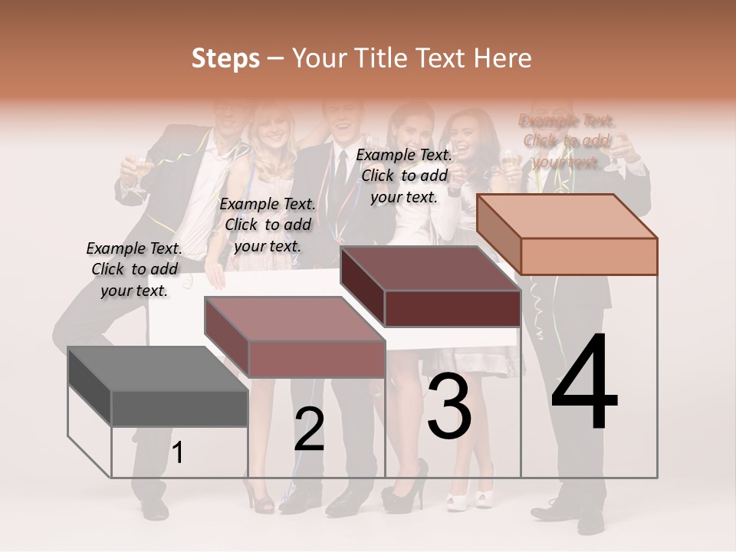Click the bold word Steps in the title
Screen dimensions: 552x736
(225, 58)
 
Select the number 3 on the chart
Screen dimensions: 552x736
(449, 406)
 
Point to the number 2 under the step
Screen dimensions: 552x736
(309, 429)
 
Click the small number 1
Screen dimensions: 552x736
(178, 453)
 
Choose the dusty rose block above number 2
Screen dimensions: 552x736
(295, 337)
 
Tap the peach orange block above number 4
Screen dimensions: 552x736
(567, 235)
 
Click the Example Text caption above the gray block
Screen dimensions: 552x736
(134, 269)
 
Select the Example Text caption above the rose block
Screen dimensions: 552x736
(268, 225)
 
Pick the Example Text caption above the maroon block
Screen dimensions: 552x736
(404, 176)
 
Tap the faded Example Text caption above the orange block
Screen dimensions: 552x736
(566, 141)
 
